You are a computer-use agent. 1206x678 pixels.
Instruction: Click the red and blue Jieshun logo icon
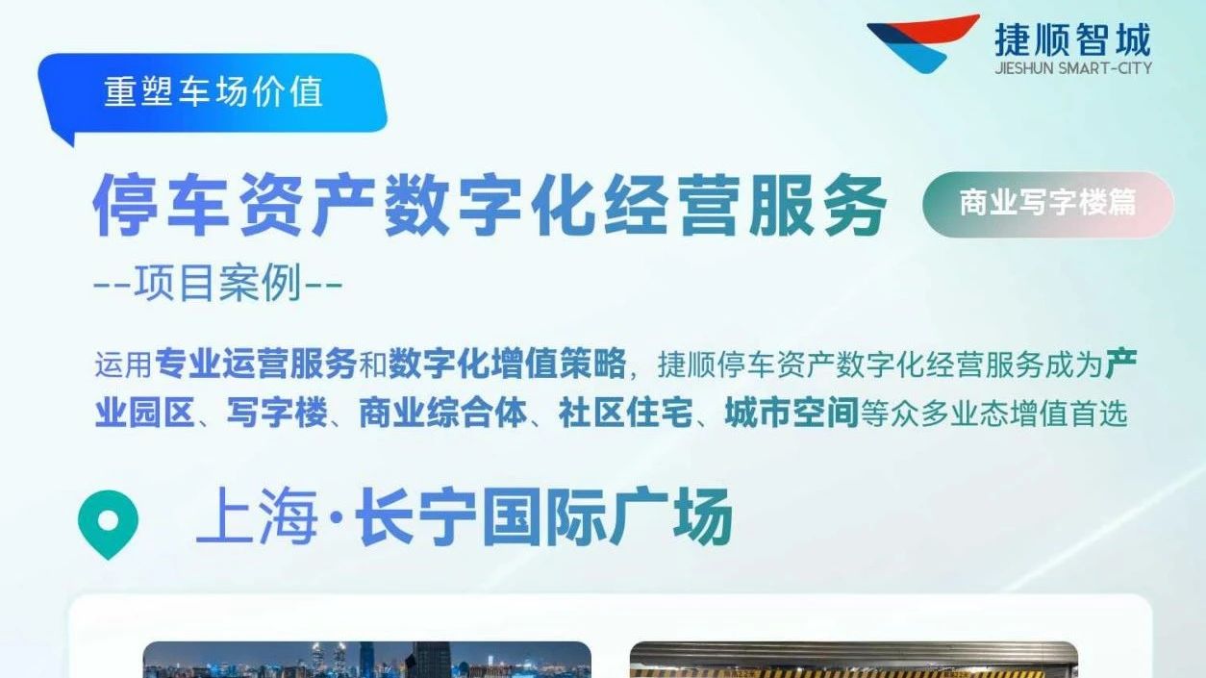click(x=921, y=43)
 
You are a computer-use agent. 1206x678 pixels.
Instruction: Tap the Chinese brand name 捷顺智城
click(x=1072, y=38)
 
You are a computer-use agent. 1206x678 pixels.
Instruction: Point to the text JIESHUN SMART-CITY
click(x=1073, y=68)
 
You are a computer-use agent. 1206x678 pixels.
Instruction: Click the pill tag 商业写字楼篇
click(x=1047, y=204)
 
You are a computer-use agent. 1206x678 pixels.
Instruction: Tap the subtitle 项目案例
click(x=218, y=283)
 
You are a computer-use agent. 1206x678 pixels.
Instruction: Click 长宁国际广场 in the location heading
click(x=543, y=515)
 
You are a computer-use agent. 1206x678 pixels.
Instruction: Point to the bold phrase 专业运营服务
click(x=256, y=364)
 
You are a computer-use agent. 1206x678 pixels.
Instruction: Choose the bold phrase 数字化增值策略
click(x=507, y=364)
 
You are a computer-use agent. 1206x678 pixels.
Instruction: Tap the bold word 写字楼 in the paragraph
click(x=277, y=413)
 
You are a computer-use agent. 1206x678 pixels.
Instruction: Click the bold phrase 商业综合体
click(x=442, y=413)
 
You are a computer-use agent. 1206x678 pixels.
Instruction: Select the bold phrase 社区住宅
click(x=626, y=413)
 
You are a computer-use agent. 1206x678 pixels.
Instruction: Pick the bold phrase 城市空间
click(x=791, y=413)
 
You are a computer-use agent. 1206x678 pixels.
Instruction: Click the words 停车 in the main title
click(x=161, y=205)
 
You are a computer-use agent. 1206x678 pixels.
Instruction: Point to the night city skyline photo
click(x=367, y=659)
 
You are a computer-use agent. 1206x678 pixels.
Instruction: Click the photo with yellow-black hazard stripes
click(x=854, y=659)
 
